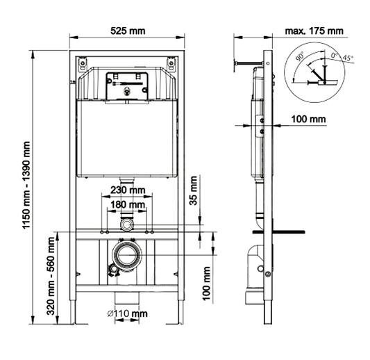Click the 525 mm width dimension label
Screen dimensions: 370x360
tap(128, 31)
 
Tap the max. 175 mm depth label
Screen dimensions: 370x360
tap(314, 31)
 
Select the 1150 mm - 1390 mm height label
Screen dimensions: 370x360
tap(26, 185)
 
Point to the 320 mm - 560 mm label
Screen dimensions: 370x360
tap(51, 276)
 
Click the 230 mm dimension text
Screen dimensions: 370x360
tap(128, 190)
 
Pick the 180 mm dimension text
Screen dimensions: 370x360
tap(128, 204)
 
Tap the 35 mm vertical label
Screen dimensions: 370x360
tap(194, 190)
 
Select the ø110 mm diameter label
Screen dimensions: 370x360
tap(128, 313)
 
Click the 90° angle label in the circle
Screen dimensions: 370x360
tap(300, 57)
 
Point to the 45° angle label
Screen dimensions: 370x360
tap(348, 58)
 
